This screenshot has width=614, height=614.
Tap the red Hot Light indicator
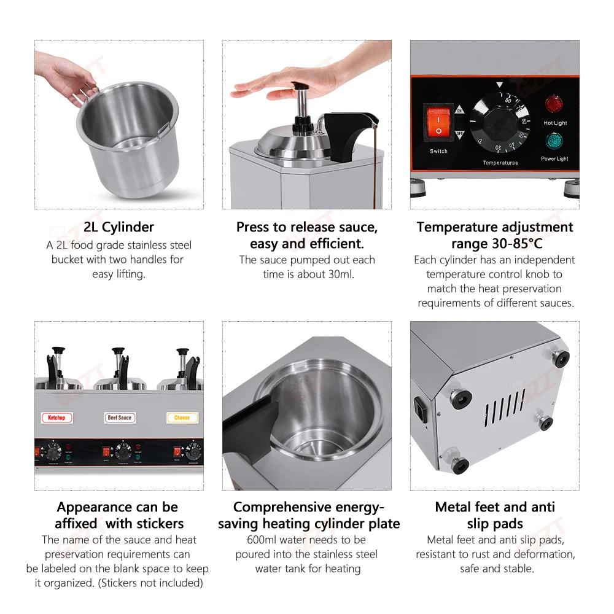(554, 104)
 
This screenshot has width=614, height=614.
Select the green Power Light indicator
(554, 141)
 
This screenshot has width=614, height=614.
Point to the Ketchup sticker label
(56, 418)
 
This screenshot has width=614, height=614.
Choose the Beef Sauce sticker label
(120, 418)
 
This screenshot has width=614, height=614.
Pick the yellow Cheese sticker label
(182, 418)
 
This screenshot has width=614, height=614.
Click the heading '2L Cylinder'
(119, 227)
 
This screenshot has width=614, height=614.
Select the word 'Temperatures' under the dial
(500, 163)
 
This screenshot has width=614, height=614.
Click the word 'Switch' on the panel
(438, 151)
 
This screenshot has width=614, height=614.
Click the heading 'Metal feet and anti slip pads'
(495, 515)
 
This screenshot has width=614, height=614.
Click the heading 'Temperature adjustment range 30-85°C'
(495, 235)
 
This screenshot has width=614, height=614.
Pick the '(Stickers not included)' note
(150, 583)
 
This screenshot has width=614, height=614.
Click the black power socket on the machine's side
(421, 408)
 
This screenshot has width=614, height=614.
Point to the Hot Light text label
(555, 123)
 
